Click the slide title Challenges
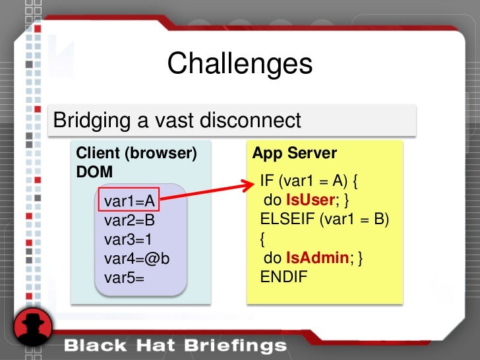pyautogui.click(x=239, y=65)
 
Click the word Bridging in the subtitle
pyautogui.click(x=92, y=121)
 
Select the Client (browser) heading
pyautogui.click(x=136, y=154)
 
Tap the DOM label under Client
pyautogui.click(x=94, y=171)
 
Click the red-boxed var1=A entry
pyautogui.click(x=129, y=200)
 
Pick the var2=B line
pyautogui.click(x=129, y=220)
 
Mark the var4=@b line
pyautogui.click(x=136, y=258)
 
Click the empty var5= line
pyautogui.click(x=124, y=277)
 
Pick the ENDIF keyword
pyautogui.click(x=284, y=277)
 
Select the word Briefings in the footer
pyautogui.click(x=235, y=345)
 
